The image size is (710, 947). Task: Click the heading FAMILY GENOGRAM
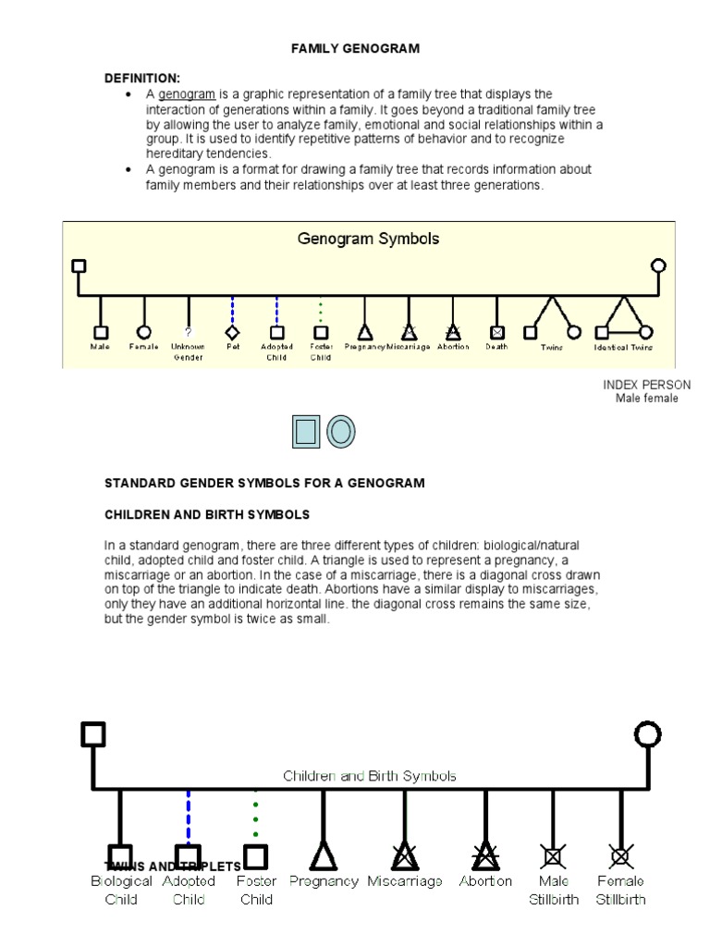coord(356,49)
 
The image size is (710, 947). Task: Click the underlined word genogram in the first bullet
coord(187,94)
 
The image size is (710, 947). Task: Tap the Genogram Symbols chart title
coord(368,239)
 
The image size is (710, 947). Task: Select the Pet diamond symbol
coord(233,332)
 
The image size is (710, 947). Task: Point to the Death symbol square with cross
coord(497,332)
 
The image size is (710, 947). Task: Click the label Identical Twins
coord(623,348)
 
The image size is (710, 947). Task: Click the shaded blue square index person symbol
coord(305,432)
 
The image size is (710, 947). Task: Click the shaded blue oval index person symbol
coord(340,432)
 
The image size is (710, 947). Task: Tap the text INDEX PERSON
coord(646,385)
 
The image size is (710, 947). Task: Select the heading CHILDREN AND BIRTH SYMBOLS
coord(207,514)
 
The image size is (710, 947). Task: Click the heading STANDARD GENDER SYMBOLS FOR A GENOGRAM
coord(264,483)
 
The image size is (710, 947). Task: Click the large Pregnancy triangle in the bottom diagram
coord(323,856)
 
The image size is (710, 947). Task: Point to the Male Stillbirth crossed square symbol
coord(554,856)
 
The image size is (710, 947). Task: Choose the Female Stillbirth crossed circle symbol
coord(620,856)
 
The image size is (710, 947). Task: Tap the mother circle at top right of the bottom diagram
coord(648,735)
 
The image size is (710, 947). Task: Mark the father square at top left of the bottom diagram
coord(92,734)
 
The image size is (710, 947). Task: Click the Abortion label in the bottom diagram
coord(486,881)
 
